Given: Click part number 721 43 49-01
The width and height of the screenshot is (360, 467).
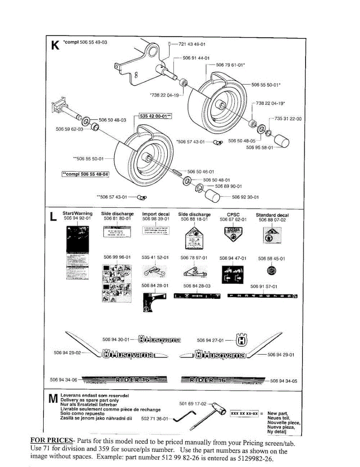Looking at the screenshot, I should (x=192, y=44).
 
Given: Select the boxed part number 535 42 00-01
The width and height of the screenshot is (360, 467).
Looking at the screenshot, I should (x=155, y=116).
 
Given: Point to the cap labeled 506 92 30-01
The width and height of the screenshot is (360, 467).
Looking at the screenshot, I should (x=220, y=197).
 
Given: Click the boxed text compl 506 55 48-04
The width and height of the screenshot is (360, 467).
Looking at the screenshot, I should (x=85, y=174).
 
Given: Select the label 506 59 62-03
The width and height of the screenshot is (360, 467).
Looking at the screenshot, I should (x=70, y=129).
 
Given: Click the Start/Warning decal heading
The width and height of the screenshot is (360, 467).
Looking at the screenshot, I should (x=77, y=213).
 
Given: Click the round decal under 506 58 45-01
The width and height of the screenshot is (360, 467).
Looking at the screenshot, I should (x=271, y=271).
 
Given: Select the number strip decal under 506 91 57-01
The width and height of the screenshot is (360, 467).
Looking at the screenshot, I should (x=263, y=297).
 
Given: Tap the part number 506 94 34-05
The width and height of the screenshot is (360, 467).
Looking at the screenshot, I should (x=283, y=381).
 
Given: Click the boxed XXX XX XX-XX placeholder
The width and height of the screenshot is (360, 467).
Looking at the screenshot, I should (x=244, y=413).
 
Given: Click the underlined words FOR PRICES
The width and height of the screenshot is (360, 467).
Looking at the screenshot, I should (x=52, y=441).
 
